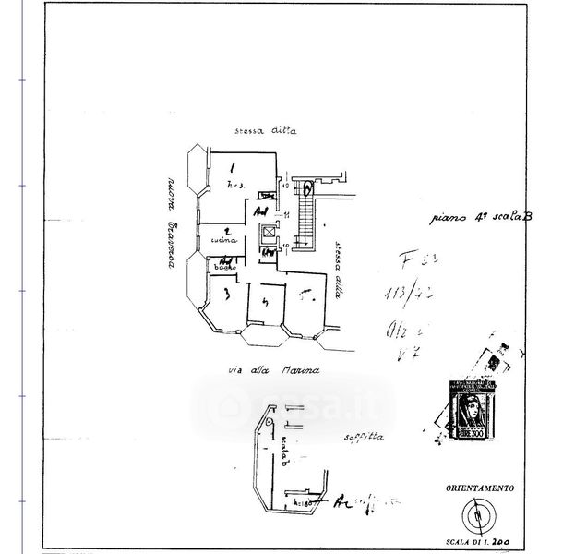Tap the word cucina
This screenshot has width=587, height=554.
tap(224, 240)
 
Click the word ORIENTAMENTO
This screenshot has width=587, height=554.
tap(478, 486)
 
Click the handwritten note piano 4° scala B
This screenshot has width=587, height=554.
tap(483, 219)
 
